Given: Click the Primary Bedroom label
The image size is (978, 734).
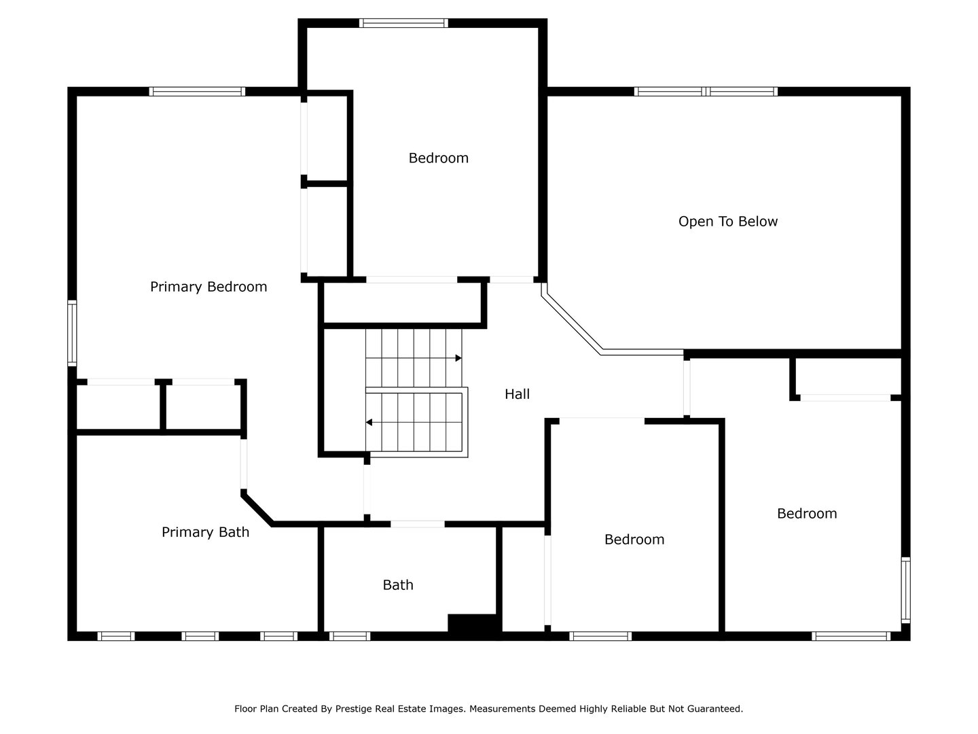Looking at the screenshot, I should click(x=208, y=287).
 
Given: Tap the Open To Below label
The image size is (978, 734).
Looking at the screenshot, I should click(x=727, y=222).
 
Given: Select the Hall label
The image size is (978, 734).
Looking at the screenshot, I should click(x=517, y=394).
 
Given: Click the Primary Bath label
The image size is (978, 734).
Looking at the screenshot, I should click(x=205, y=532).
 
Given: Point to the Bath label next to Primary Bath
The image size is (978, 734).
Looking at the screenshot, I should click(x=397, y=585).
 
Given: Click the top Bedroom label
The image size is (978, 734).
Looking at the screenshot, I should click(x=438, y=158).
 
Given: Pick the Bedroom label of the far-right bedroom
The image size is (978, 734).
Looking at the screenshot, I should click(x=806, y=514).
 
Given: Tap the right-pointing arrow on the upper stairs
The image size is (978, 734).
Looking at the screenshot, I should click(x=458, y=358).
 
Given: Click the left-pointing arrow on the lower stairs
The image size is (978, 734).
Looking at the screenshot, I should click(x=369, y=423).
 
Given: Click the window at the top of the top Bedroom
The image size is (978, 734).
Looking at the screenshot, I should click(x=403, y=23).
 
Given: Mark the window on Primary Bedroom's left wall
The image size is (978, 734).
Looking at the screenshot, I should click(x=71, y=333).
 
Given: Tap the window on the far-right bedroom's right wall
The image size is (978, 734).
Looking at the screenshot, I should click(x=905, y=589).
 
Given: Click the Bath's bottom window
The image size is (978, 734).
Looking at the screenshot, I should click(x=349, y=636).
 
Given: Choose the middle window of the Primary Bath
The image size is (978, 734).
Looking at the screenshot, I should click(x=200, y=636).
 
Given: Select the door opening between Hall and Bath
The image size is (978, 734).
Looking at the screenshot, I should click(x=417, y=524).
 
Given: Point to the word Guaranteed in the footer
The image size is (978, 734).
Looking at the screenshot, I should click(x=715, y=709).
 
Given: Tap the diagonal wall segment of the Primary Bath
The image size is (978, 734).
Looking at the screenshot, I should click(x=257, y=509).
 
